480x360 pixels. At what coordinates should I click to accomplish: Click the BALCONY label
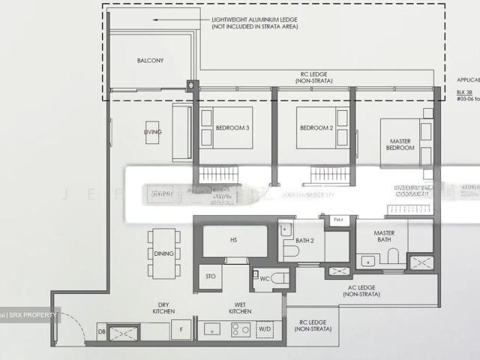[150, 60]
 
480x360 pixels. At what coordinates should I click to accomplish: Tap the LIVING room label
[153, 132]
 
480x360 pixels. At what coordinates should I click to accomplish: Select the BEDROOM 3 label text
[232, 127]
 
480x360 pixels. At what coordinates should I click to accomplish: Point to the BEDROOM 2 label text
[316, 127]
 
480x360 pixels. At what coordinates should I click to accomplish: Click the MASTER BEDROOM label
[400, 144]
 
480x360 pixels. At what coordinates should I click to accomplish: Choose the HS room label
[234, 240]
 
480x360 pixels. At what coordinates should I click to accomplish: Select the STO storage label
[210, 277]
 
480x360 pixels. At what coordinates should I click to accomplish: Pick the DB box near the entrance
[101, 331]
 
